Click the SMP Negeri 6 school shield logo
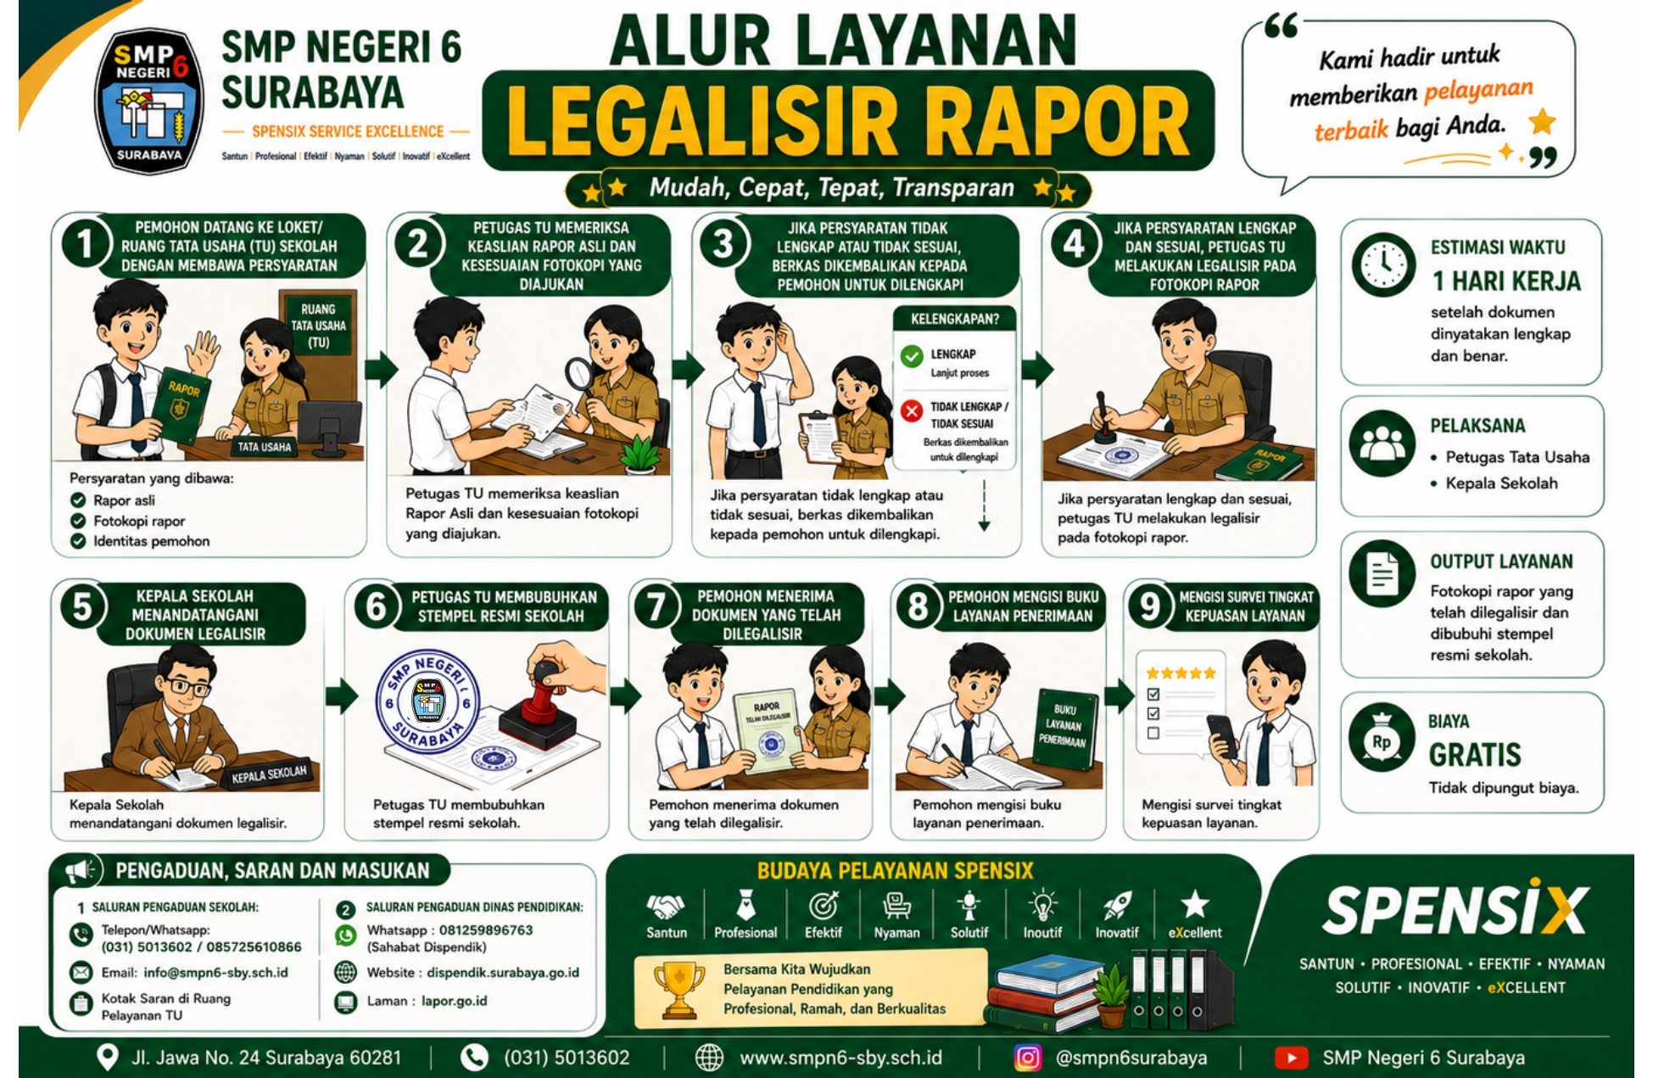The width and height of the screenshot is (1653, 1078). [148, 100]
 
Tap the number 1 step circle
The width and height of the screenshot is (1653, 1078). [85, 243]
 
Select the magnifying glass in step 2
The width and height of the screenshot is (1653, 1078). [579, 373]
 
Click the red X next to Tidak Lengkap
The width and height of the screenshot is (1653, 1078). [912, 411]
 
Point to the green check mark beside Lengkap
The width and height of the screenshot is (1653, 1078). [912, 356]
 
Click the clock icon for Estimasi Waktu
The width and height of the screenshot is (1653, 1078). [1383, 265]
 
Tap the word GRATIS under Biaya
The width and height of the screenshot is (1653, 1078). [1475, 755]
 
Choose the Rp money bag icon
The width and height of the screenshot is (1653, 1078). [1382, 739]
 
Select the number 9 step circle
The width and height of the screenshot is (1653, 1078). [1149, 606]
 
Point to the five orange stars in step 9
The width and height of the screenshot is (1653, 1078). [1181, 673]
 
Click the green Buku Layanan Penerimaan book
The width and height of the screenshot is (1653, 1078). [1065, 730]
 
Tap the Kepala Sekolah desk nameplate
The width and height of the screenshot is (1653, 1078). [269, 774]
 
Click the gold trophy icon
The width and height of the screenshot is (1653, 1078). [679, 989]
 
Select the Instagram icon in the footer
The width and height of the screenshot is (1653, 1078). [1027, 1058]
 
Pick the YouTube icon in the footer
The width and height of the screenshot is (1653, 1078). [1291, 1058]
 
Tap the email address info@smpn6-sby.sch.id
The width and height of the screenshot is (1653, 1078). [215, 973]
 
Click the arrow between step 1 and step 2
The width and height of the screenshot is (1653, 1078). [381, 369]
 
